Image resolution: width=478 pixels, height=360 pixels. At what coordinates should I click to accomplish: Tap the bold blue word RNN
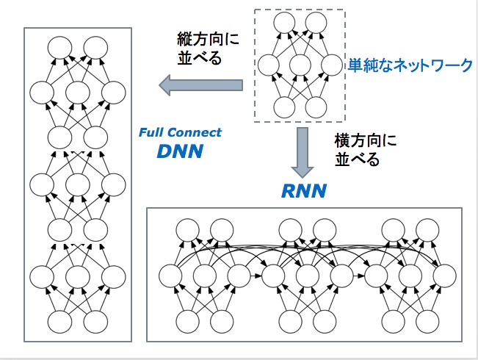point(304,192)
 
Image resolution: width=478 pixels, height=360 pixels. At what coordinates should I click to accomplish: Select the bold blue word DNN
point(180,152)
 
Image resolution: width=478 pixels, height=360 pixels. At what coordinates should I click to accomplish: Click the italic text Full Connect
point(180,133)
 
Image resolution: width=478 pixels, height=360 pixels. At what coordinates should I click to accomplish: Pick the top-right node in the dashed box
point(316,23)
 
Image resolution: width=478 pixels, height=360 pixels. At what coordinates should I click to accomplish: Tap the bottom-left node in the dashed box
point(285,108)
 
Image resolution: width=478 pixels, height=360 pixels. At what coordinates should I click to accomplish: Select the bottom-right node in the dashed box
point(316,108)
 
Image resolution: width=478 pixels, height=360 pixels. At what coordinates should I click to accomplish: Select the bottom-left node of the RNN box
point(187,321)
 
